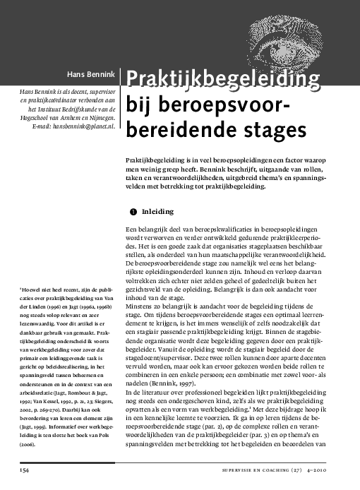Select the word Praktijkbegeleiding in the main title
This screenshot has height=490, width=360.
pos(221,79)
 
